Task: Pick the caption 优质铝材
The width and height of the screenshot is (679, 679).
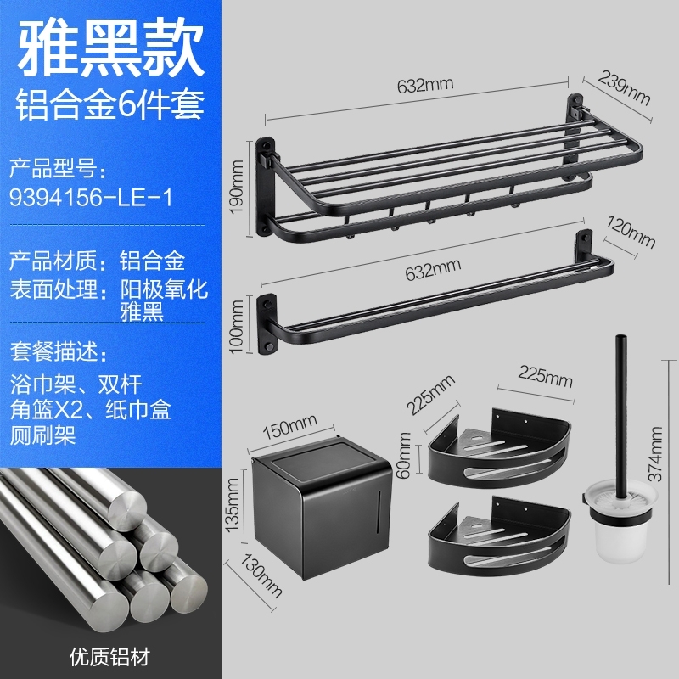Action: pos(106,655)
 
